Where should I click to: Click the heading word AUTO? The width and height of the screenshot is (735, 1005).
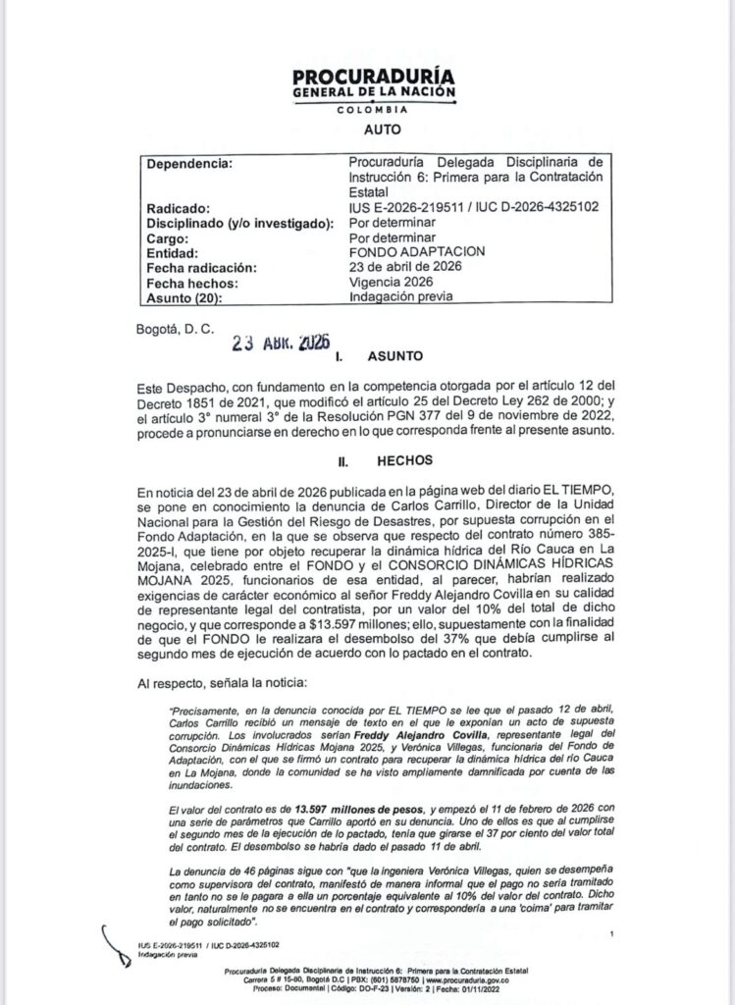pyautogui.click(x=368, y=129)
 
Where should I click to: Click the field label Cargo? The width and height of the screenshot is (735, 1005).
pyautogui.click(x=169, y=238)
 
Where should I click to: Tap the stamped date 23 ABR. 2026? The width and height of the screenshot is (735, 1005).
pyautogui.click(x=279, y=345)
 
